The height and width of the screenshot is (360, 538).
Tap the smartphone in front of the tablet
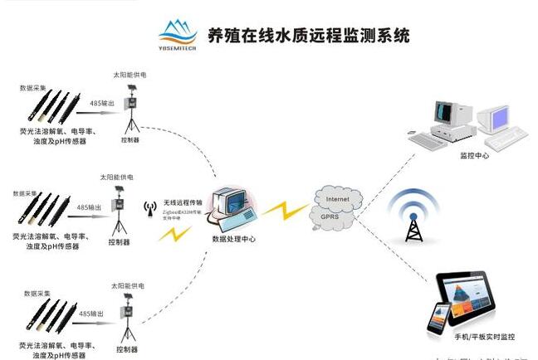pyautogui.click(x=438, y=319)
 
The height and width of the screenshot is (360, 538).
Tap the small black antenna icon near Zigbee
pyautogui.click(x=150, y=207)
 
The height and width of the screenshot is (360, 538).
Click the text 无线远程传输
pyautogui.click(x=183, y=203)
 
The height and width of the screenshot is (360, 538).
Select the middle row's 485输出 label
pyautogui.click(x=89, y=207)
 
